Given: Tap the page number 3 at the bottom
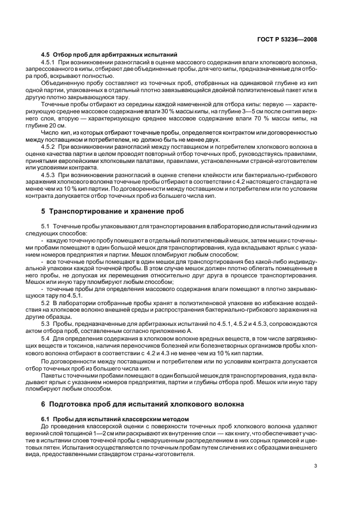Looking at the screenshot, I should click(x=316, y=465).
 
